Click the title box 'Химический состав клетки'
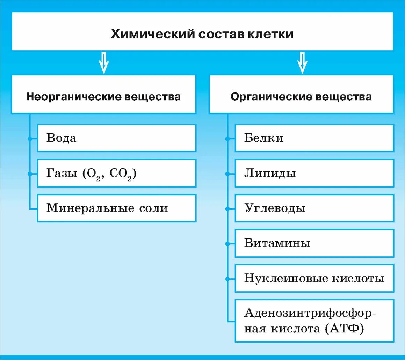pos(202,34)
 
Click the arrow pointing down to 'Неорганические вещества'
pos(103,63)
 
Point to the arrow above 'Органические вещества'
pos(302,63)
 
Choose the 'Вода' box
pos(116,138)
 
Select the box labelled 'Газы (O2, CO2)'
pos(116,173)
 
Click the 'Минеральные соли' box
pos(116,208)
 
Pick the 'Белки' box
pos(314,138)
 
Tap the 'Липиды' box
pos(314,173)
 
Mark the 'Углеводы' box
pos(314,208)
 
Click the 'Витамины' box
pos(314,243)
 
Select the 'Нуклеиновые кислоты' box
pos(314,278)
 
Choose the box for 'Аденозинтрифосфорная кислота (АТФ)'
pos(314,321)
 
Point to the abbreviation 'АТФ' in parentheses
pos(344,329)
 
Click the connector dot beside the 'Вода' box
pos(30,139)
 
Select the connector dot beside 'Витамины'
pos(228,244)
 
